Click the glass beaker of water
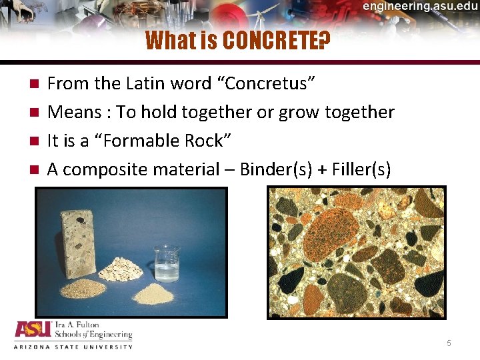pos(166,263)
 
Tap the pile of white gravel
pos(121,269)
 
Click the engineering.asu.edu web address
pos(420,7)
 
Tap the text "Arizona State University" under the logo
pos(73,347)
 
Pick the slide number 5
pos(449,343)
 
